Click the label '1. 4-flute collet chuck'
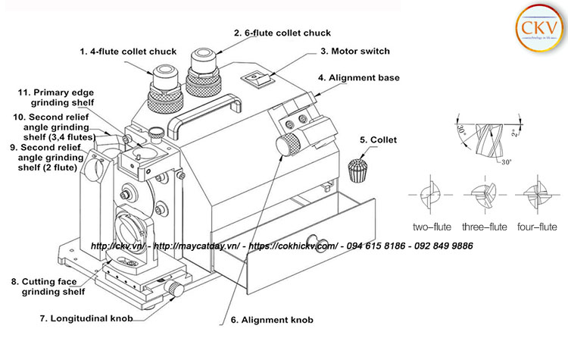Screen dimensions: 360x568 coord(128,52)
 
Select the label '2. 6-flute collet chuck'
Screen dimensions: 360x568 coord(282,33)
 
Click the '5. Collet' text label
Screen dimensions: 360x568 coord(378,140)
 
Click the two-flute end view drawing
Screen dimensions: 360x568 coord(432,195)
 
